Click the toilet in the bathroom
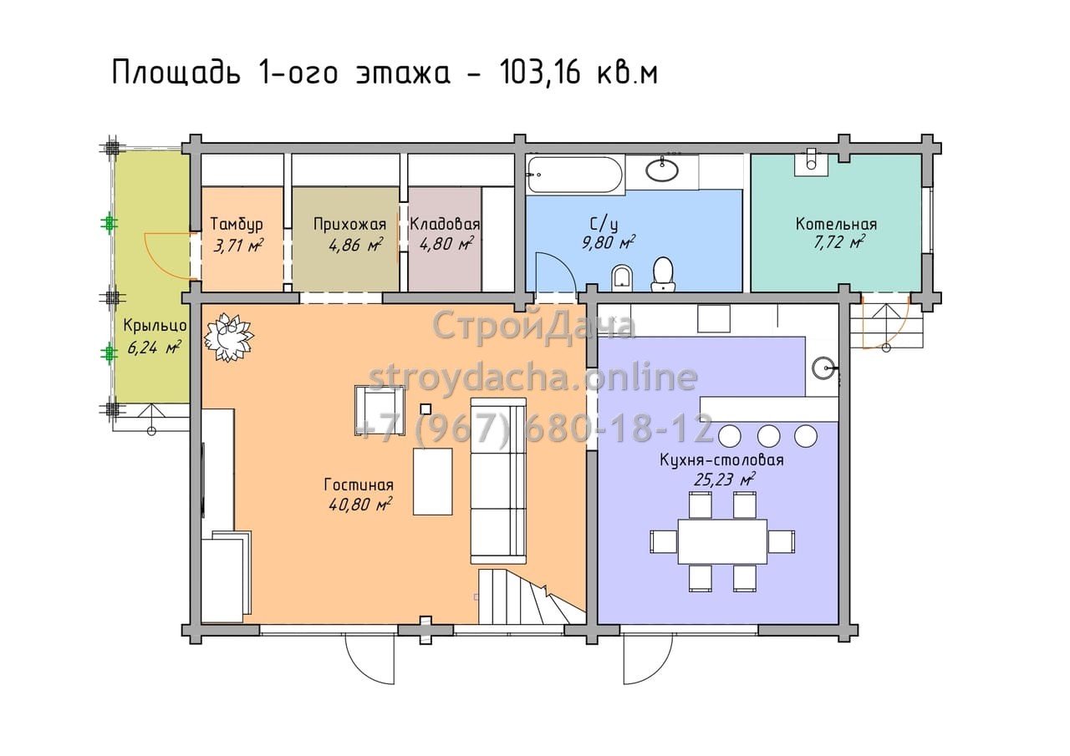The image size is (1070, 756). [x=663, y=274]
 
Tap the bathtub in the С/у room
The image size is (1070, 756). [x=575, y=175]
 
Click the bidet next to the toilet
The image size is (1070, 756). [x=623, y=279]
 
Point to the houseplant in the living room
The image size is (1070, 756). [x=229, y=337]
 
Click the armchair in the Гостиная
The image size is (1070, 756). [x=380, y=410]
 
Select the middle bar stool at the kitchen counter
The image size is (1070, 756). [x=768, y=436]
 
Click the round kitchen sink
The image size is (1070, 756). [x=823, y=368]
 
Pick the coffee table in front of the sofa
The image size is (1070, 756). [x=433, y=481]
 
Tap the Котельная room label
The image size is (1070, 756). [x=836, y=224]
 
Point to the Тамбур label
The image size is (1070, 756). [x=237, y=225]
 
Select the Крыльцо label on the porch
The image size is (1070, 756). [x=155, y=326]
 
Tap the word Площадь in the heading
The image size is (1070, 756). [x=176, y=74]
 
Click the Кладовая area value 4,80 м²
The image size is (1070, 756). [x=446, y=244]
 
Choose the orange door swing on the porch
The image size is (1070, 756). [x=170, y=256]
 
